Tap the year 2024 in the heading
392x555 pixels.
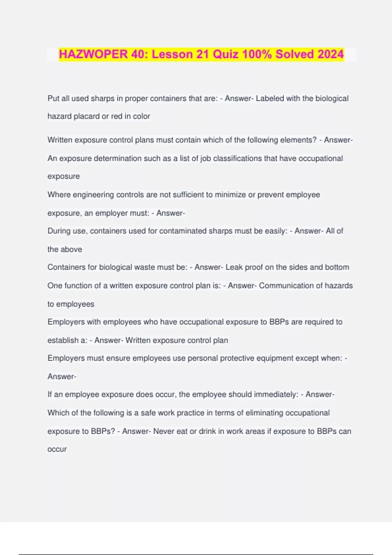point(331,54)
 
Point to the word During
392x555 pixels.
point(59,231)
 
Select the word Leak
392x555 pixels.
point(234,267)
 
